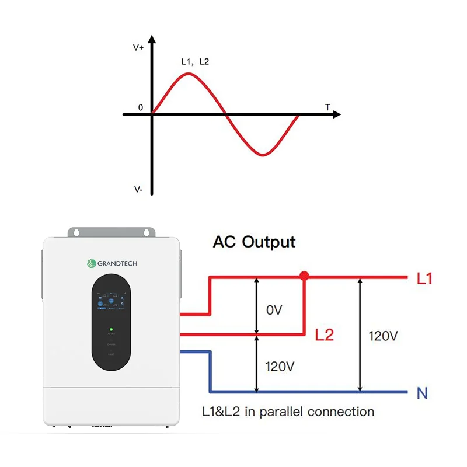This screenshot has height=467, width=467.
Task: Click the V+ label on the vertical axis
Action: [x=138, y=47]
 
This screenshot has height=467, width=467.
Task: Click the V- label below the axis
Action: [x=138, y=190]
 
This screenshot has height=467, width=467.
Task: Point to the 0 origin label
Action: [x=140, y=107]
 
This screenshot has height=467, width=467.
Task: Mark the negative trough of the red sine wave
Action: [x=264, y=155]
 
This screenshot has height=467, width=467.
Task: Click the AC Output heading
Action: [x=254, y=241]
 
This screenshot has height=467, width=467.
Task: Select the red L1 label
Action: [x=424, y=279]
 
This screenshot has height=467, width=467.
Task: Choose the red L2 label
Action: [x=325, y=335]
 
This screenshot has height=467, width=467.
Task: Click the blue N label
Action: [x=423, y=393]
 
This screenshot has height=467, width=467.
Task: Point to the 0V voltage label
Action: [x=274, y=310]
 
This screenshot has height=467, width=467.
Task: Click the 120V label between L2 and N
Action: [x=280, y=367]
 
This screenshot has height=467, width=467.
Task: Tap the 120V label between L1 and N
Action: [x=384, y=336]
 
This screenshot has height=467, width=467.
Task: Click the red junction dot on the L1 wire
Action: [x=304, y=276]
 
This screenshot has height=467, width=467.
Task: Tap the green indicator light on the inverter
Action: [x=110, y=330]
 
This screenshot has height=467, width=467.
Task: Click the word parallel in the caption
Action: [x=277, y=412]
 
